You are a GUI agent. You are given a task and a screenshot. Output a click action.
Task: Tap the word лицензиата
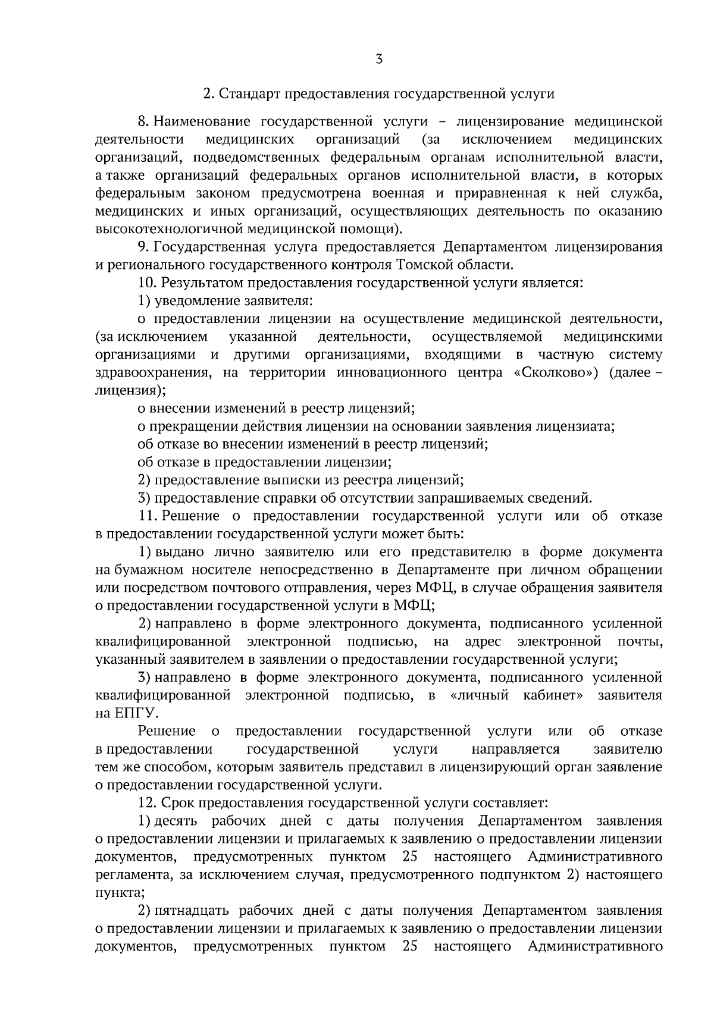coord(575,426)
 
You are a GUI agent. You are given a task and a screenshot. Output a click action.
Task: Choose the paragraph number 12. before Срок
coord(146,803)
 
